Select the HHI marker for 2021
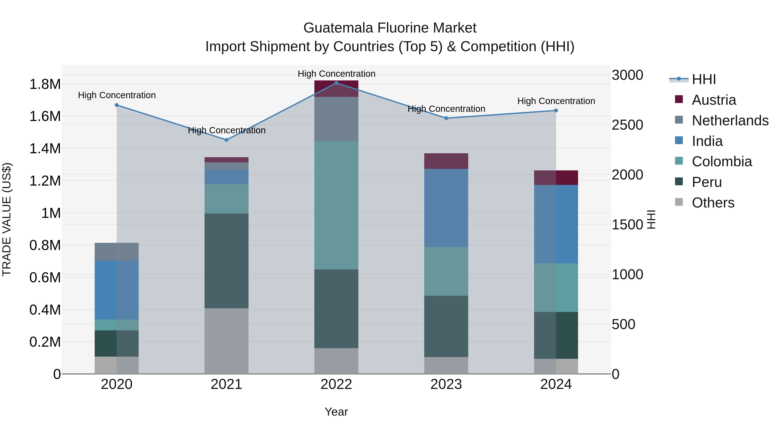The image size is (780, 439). (x=226, y=140)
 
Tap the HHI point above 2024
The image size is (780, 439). (x=556, y=111)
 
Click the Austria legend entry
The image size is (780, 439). (x=714, y=100)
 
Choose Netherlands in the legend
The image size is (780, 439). (x=730, y=121)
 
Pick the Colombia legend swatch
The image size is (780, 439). (x=679, y=161)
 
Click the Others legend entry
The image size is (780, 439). (x=713, y=203)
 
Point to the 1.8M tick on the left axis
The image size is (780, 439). (x=45, y=84)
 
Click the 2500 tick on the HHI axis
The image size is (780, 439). (x=627, y=125)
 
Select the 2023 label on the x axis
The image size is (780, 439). (x=446, y=384)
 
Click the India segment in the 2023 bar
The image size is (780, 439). (x=446, y=208)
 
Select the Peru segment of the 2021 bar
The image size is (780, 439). (x=226, y=261)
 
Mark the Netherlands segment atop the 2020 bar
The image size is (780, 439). (x=117, y=251)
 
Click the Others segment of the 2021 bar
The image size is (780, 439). (x=226, y=341)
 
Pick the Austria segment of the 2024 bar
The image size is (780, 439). (x=556, y=178)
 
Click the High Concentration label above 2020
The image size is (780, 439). (x=117, y=95)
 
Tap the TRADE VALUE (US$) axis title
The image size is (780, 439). (x=7, y=219)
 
